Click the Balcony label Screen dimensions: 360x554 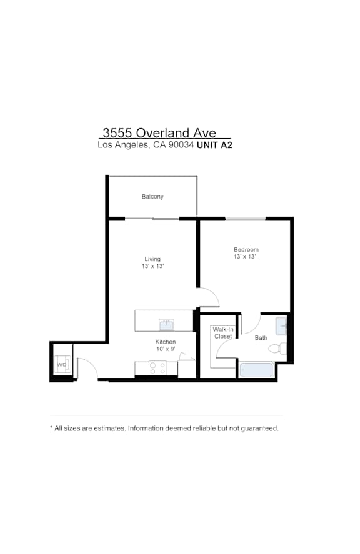point(152,197)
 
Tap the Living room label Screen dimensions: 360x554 point(152,259)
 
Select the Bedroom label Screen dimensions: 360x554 point(246,249)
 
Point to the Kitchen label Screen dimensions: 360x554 point(166,342)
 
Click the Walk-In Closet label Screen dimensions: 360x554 point(223,333)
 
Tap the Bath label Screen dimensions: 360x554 point(261,338)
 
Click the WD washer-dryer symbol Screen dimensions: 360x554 point(62,365)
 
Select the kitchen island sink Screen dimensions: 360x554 point(166,324)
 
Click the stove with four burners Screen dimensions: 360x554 point(157,368)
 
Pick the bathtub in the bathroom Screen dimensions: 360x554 point(256,370)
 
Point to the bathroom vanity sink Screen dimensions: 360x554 point(281,326)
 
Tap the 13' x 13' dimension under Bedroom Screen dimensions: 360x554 point(245,257)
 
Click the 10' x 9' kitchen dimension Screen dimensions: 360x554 point(166,349)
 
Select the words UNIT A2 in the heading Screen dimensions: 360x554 point(214,145)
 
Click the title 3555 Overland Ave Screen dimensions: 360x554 point(159,133)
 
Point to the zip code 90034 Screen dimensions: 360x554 point(181,145)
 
